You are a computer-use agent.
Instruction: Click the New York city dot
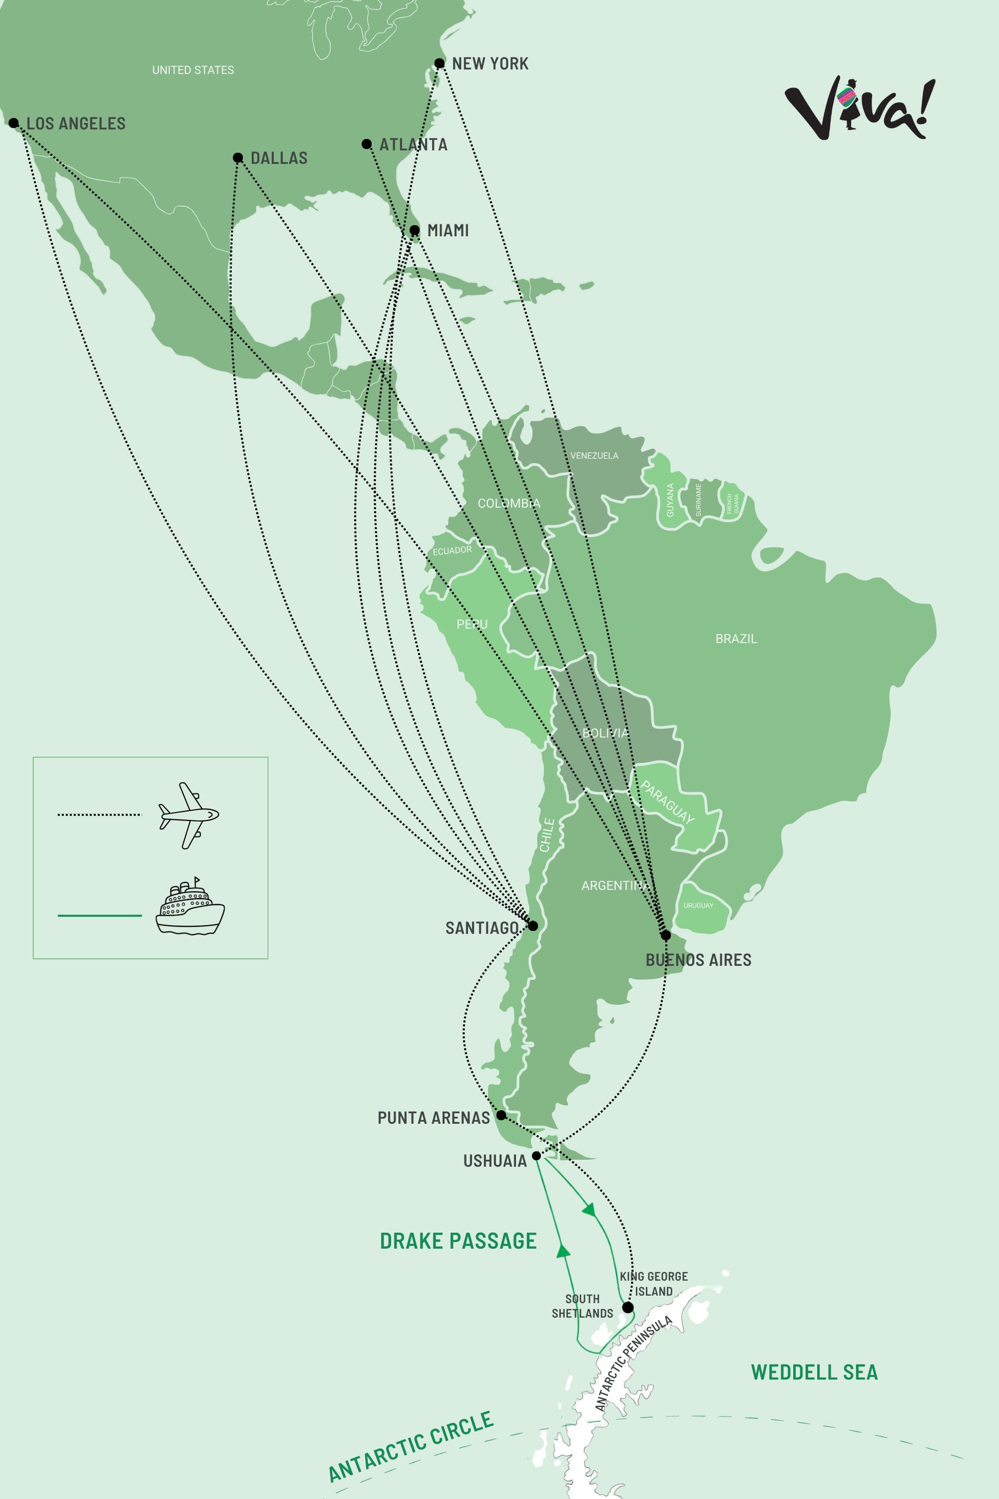coord(440,63)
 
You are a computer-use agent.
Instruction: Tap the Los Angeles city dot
coord(13,123)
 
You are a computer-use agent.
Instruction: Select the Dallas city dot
coord(238,157)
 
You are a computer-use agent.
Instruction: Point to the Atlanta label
coord(413,145)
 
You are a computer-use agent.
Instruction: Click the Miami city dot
coord(414,230)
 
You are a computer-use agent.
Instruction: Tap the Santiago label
coord(482,928)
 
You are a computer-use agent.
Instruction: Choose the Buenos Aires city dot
coord(666,935)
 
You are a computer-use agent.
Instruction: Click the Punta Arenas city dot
coord(501,1115)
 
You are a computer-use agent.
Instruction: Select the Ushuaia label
coord(495,1161)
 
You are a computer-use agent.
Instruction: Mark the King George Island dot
coord(627,1307)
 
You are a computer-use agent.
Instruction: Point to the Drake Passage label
coord(458,1241)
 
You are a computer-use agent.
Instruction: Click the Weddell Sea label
coord(814,1372)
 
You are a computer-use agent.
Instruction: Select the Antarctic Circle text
coord(411,1446)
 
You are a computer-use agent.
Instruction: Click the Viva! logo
coord(860,108)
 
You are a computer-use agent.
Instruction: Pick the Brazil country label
coord(736,639)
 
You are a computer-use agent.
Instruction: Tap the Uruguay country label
coord(698,905)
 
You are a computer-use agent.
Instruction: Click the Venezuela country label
coord(594,456)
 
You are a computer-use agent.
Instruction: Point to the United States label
coord(193,70)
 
